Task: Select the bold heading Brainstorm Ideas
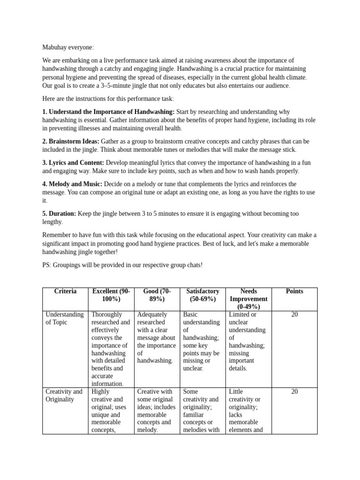[70, 141]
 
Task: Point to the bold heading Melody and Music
[72, 184]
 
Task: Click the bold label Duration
[59, 214]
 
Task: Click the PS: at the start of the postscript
[47, 265]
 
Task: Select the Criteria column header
[65, 292]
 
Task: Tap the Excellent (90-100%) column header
[111, 295]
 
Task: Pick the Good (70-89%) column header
[157, 295]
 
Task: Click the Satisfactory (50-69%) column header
[202, 295]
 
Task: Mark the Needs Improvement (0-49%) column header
[248, 299]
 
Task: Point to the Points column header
[294, 292]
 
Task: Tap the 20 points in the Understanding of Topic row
[294, 315]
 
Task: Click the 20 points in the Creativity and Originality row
[294, 391]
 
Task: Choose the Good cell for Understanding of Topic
[156, 337]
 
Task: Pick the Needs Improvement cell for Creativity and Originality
[247, 411]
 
